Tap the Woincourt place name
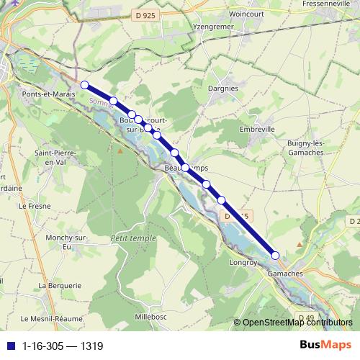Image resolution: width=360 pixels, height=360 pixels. pyautogui.click(x=247, y=14)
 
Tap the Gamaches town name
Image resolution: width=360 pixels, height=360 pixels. pyautogui.click(x=285, y=274)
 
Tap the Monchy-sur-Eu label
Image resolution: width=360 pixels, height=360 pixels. pyautogui.click(x=50, y=242)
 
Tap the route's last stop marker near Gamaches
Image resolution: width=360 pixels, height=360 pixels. pyautogui.click(x=275, y=255)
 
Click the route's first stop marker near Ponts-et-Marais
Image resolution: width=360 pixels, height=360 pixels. pyautogui.click(x=84, y=85)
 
